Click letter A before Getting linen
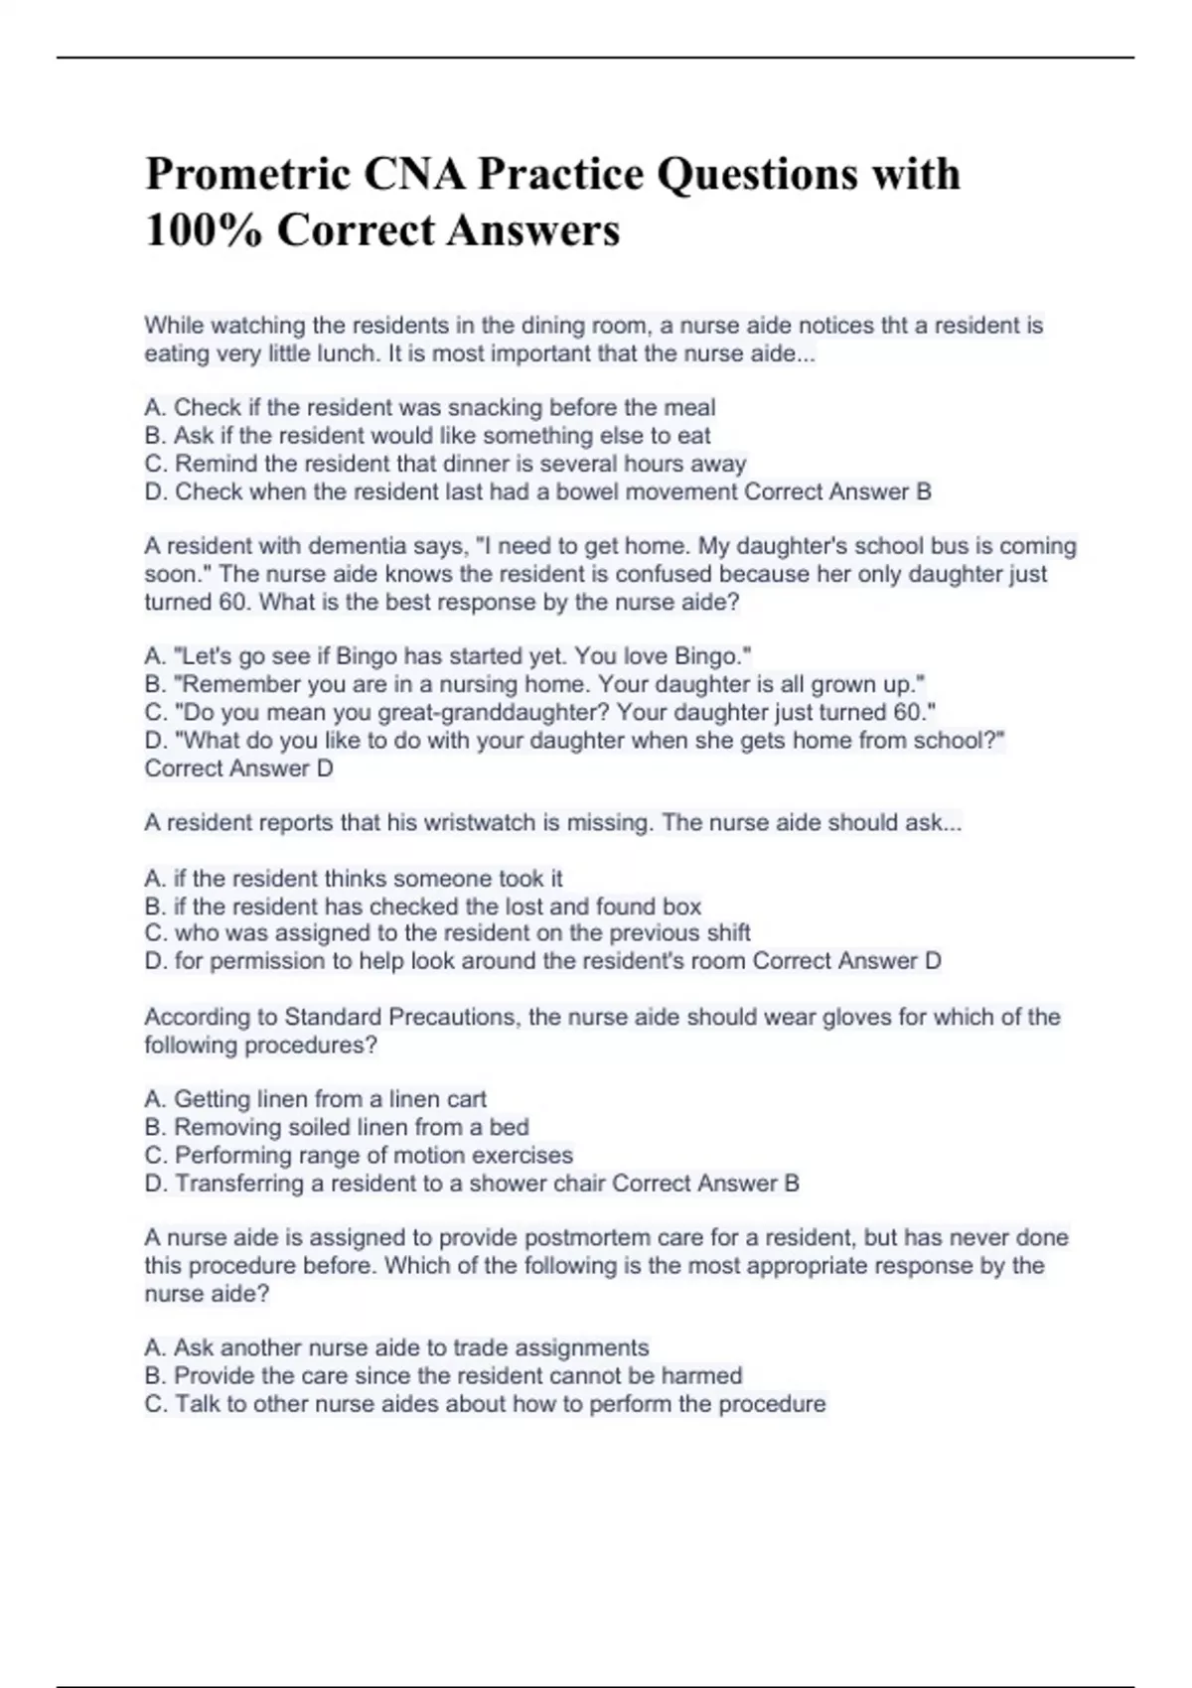pos(154,1100)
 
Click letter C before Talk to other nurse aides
pos(155,1404)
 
